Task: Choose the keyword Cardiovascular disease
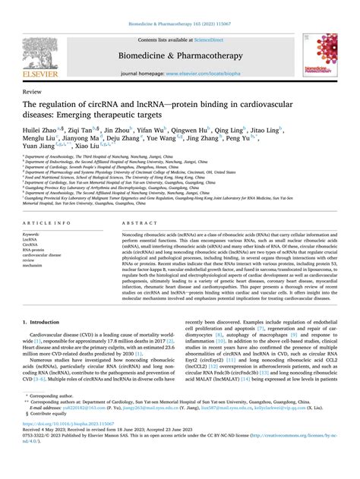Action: (45, 257)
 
